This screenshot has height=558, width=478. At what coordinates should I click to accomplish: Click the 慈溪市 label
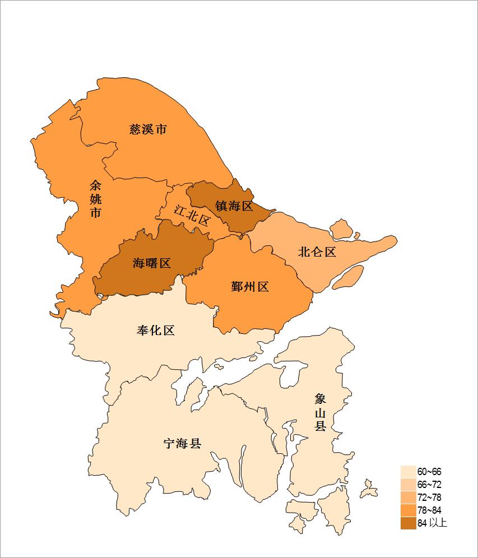(x=148, y=129)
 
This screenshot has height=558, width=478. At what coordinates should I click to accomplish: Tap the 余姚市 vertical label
(x=96, y=199)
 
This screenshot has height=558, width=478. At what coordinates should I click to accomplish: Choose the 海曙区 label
(x=151, y=263)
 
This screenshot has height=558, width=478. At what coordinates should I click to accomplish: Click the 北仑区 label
(x=317, y=252)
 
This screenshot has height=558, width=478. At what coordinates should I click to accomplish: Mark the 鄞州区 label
(x=250, y=287)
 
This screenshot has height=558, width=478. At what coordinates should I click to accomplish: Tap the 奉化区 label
(x=156, y=330)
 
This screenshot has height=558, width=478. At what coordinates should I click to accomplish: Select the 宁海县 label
(x=182, y=444)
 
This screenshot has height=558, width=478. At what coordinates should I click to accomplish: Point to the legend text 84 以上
(x=432, y=523)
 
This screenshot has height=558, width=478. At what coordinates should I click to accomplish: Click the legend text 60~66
(x=429, y=472)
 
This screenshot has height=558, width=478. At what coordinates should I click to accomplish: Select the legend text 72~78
(x=429, y=497)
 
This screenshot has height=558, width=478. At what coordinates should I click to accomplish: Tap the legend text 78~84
(x=429, y=510)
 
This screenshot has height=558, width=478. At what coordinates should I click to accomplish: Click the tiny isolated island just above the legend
(x=369, y=489)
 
